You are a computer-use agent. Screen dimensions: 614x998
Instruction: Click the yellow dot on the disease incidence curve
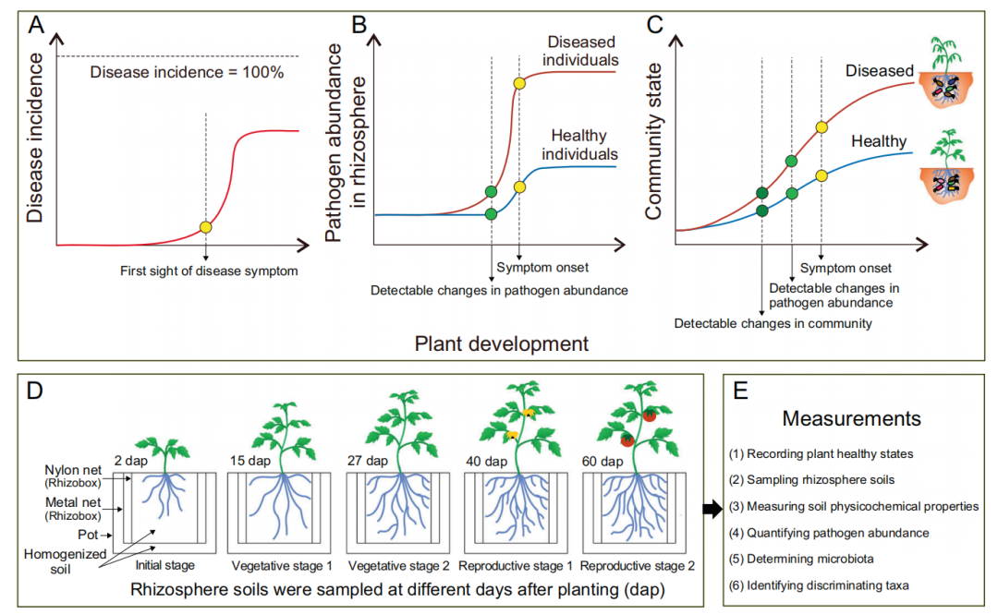pos(205,228)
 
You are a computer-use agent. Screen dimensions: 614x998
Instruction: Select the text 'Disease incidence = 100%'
pos(187,72)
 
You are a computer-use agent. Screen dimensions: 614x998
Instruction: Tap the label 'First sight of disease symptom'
pos(210,271)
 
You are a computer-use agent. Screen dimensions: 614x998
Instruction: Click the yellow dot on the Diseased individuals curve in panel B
pos(519,84)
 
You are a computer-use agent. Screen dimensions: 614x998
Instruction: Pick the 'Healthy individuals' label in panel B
pos(578,145)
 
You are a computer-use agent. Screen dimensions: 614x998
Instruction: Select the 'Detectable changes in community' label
pos(773,323)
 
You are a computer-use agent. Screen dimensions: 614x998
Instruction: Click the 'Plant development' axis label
pos(502,344)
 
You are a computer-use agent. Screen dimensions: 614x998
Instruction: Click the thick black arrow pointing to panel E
pos(712,508)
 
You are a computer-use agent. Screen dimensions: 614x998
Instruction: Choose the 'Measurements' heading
pos(851,418)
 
